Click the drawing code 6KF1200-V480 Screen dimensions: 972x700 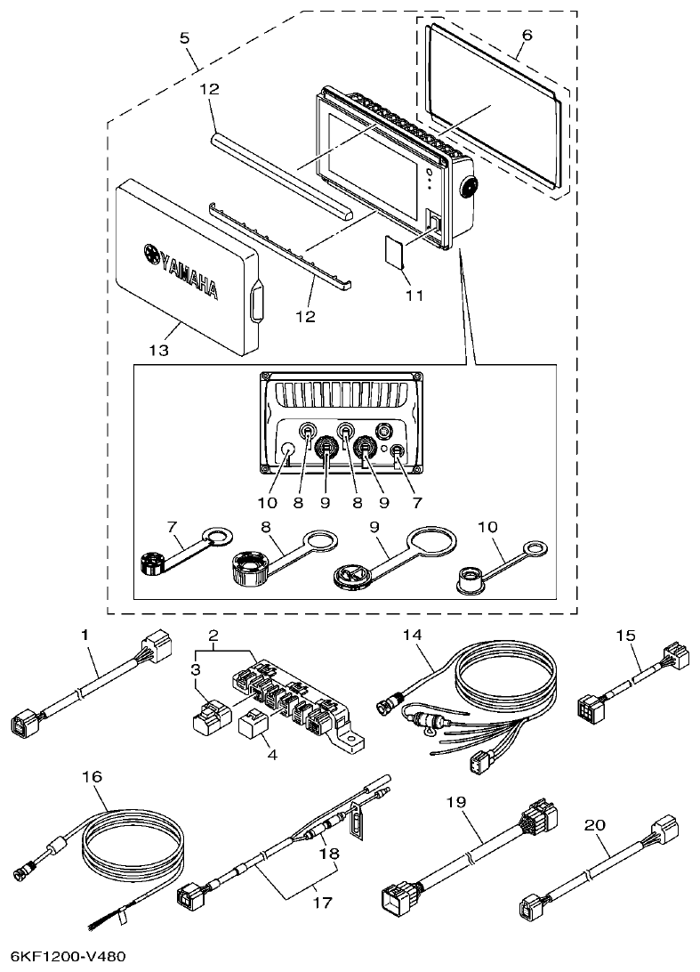pos(63,956)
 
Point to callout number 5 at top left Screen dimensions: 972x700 pos(184,38)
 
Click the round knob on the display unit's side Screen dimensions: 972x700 pos(468,186)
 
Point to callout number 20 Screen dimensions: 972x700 pos(594,825)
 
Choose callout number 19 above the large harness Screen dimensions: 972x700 pos(456,802)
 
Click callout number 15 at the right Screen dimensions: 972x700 pos(625,636)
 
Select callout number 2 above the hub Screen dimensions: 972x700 pos(213,635)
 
